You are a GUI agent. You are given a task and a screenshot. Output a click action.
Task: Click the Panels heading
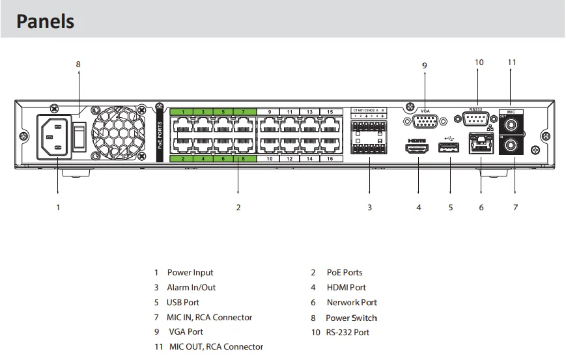coord(45,21)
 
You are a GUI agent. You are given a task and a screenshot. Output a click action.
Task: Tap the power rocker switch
coord(79,135)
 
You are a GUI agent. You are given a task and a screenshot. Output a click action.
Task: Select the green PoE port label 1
coord(184,112)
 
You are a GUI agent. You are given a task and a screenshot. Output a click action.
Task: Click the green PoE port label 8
coord(243,158)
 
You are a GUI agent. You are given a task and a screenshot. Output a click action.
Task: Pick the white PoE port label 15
coord(330,112)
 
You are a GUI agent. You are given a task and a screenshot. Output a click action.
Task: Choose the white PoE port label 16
coord(330,158)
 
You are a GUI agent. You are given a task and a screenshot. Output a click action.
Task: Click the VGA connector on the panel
coord(425,121)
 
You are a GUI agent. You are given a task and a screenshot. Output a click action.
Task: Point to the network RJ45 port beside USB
coord(481,144)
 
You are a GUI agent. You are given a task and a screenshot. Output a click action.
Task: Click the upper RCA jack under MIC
coord(511,122)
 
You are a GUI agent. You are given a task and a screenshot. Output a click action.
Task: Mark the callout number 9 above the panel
coord(425,66)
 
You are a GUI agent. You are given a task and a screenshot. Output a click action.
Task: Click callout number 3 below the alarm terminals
coord(369,208)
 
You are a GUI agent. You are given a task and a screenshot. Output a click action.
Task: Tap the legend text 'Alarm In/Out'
coord(191,287)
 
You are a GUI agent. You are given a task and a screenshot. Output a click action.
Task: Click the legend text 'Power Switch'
coord(351,318)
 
